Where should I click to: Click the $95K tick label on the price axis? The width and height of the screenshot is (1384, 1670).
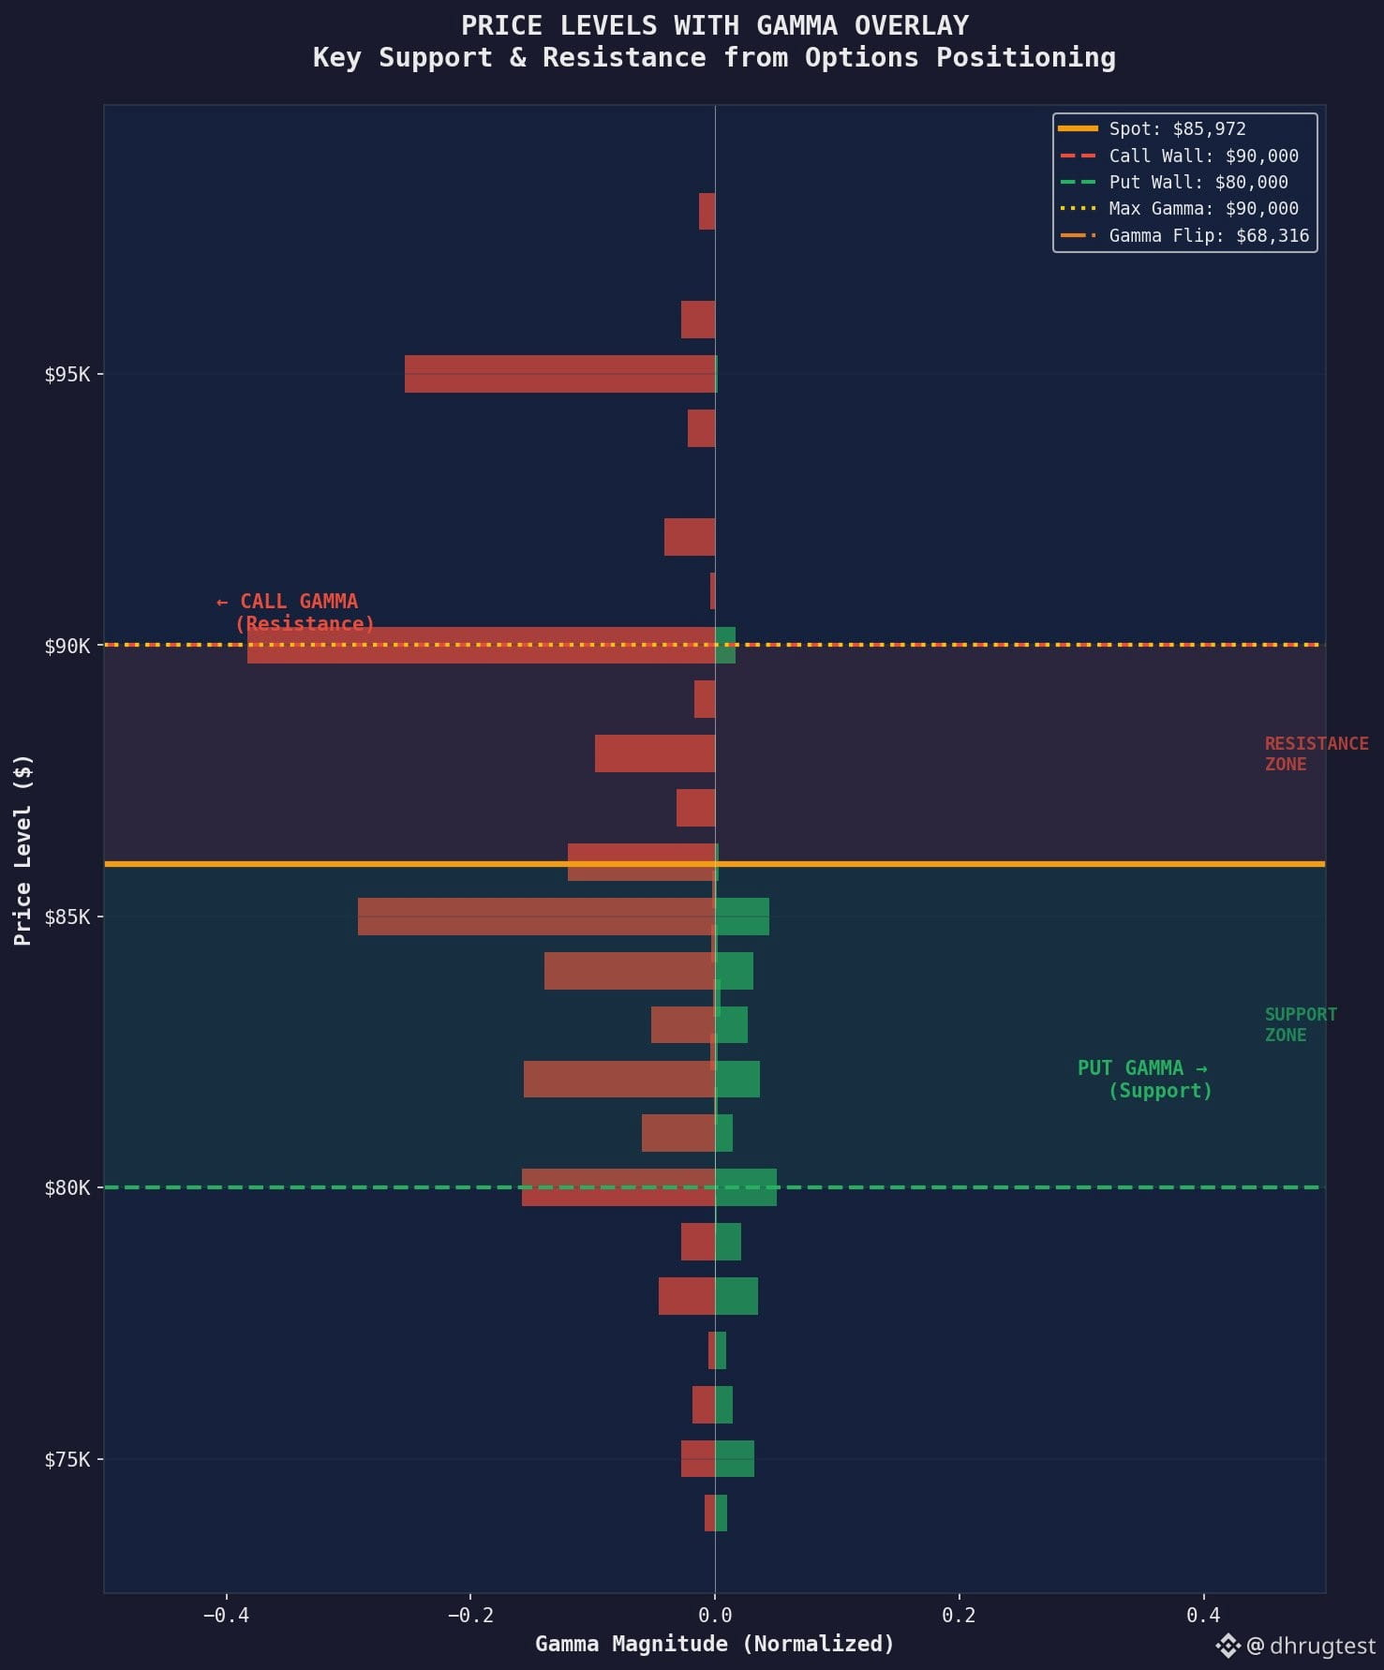(x=67, y=375)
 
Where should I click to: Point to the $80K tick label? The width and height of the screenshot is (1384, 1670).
(x=67, y=1188)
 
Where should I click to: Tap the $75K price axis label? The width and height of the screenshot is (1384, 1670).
(x=67, y=1459)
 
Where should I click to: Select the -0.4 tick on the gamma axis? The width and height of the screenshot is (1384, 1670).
(x=225, y=1615)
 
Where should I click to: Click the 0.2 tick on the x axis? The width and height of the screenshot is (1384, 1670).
(x=959, y=1615)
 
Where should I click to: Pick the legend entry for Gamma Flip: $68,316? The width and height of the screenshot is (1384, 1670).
(x=1184, y=235)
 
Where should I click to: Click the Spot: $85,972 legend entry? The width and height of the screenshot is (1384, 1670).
(x=1153, y=128)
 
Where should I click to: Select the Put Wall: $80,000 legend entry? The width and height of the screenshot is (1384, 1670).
(x=1174, y=182)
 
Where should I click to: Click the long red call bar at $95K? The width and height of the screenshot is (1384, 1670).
(x=559, y=374)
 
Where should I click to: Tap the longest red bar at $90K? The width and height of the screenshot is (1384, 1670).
(x=481, y=645)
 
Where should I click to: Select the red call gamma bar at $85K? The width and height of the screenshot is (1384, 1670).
(x=536, y=917)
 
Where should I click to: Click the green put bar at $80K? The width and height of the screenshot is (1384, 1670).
(x=746, y=1187)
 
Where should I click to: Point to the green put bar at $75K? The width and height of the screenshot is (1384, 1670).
(x=735, y=1458)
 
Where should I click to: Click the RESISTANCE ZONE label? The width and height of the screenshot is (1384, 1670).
(x=1317, y=753)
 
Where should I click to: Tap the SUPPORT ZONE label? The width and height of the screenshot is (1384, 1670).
(x=1301, y=1024)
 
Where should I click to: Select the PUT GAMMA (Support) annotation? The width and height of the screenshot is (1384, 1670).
(x=1144, y=1079)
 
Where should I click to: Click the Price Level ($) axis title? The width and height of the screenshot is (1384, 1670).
(x=23, y=850)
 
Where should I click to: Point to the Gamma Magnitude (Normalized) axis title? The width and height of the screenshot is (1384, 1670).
(x=715, y=1644)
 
